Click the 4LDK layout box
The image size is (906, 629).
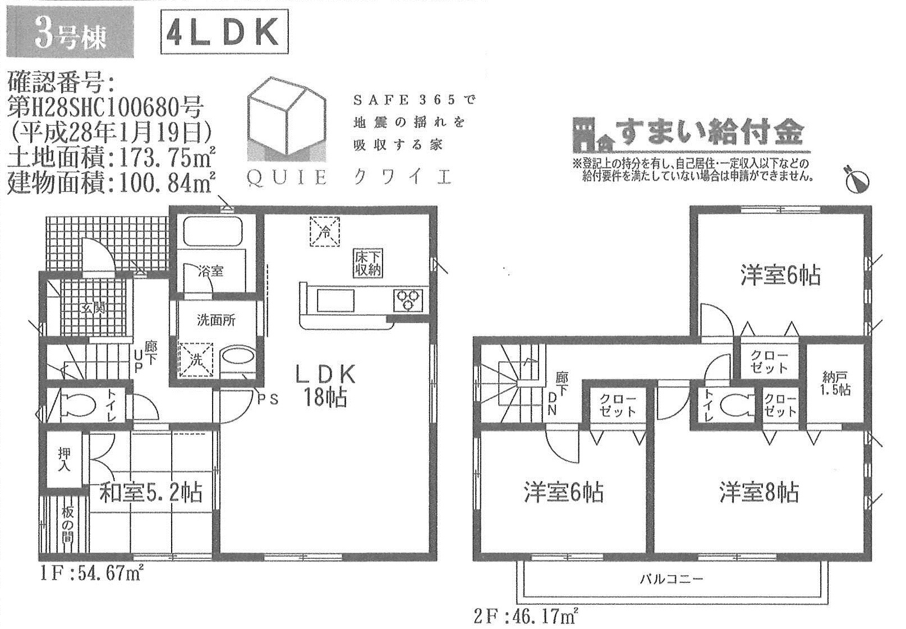click(x=224, y=32)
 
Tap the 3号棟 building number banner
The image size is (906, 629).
click(x=70, y=32)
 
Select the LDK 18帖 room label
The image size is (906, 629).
click(x=325, y=385)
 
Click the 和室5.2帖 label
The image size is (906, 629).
click(x=151, y=492)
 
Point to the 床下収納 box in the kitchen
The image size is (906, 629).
click(x=367, y=263)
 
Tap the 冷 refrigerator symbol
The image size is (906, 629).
click(x=325, y=231)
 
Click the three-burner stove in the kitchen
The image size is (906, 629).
click(x=408, y=301)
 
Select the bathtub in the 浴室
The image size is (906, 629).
click(x=213, y=231)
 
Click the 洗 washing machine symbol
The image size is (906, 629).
click(x=196, y=360)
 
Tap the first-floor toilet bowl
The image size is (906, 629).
click(x=79, y=403)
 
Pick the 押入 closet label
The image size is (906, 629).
click(x=65, y=460)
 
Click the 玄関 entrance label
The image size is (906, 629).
click(x=94, y=309)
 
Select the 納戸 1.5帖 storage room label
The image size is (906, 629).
click(x=836, y=383)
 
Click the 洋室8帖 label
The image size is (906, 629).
click(x=759, y=492)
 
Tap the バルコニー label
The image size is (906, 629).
click(x=672, y=579)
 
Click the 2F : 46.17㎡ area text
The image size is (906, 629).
click(x=526, y=617)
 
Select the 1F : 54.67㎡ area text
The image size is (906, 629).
click(x=92, y=573)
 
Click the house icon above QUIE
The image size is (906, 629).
click(x=287, y=120)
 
